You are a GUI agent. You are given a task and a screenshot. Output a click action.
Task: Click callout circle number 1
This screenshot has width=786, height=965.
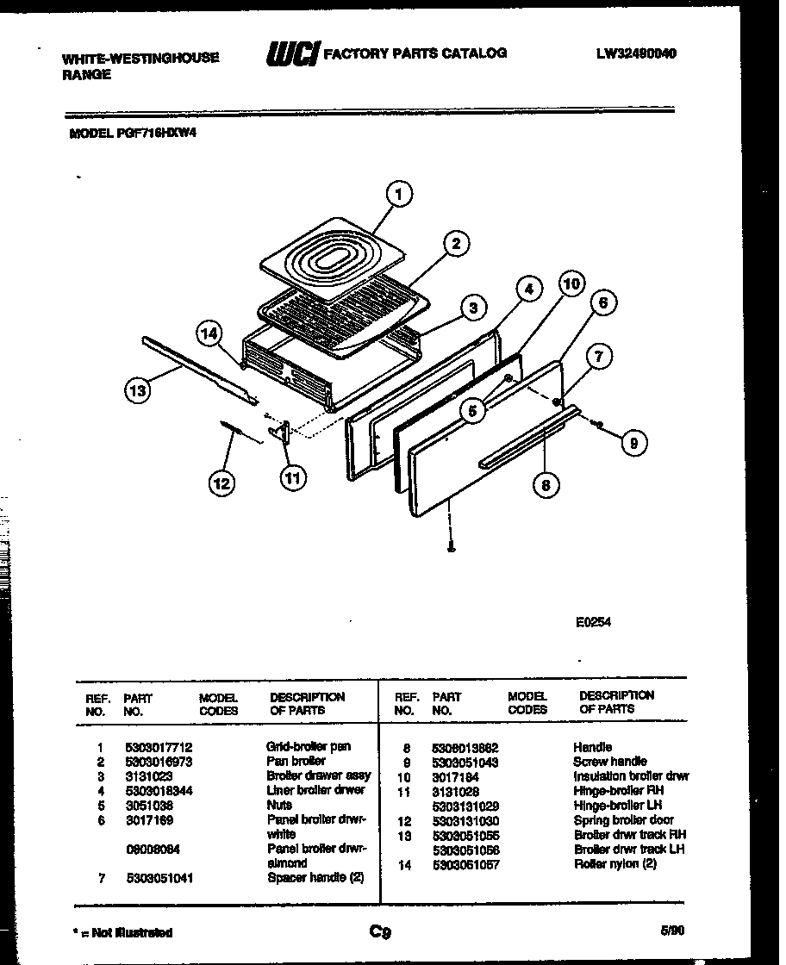point(398,196)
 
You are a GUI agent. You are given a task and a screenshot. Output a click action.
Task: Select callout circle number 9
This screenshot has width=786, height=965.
point(633,443)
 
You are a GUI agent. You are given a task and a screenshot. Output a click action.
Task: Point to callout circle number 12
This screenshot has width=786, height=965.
point(222,484)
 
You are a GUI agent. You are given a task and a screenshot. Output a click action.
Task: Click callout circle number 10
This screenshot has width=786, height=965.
point(571,283)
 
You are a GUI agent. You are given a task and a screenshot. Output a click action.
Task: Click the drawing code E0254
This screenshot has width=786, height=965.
point(593,624)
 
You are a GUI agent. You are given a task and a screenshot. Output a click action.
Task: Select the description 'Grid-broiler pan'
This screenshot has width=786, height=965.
point(309,746)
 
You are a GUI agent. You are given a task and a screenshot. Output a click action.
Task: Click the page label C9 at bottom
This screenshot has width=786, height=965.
point(380,931)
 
